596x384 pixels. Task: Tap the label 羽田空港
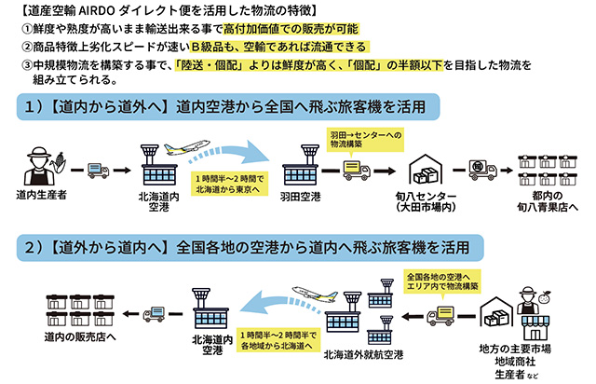pyautogui.click(x=304, y=198)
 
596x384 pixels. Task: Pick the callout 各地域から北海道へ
pyautogui.click(x=279, y=338)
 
